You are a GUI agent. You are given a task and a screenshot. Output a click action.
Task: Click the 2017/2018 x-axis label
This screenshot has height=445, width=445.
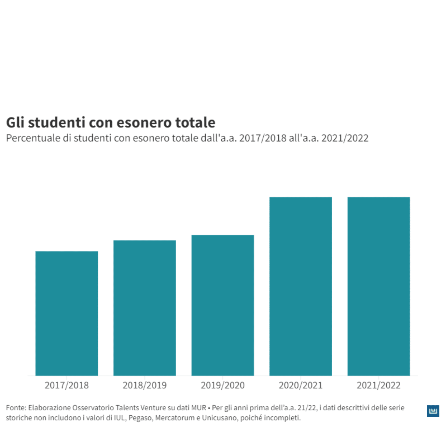click(66, 385)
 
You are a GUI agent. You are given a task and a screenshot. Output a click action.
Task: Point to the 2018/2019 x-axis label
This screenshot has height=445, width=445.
click(144, 385)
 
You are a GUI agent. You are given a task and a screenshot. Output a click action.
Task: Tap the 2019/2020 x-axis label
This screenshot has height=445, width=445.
click(222, 385)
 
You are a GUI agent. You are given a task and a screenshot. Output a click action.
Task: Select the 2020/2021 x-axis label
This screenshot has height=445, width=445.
click(301, 385)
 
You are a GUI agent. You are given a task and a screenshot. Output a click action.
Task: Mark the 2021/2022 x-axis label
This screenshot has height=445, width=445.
click(379, 385)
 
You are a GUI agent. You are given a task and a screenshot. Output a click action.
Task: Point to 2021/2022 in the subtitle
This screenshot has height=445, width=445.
click(345, 138)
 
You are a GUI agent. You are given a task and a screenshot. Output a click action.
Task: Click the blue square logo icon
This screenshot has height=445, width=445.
click(433, 411)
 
